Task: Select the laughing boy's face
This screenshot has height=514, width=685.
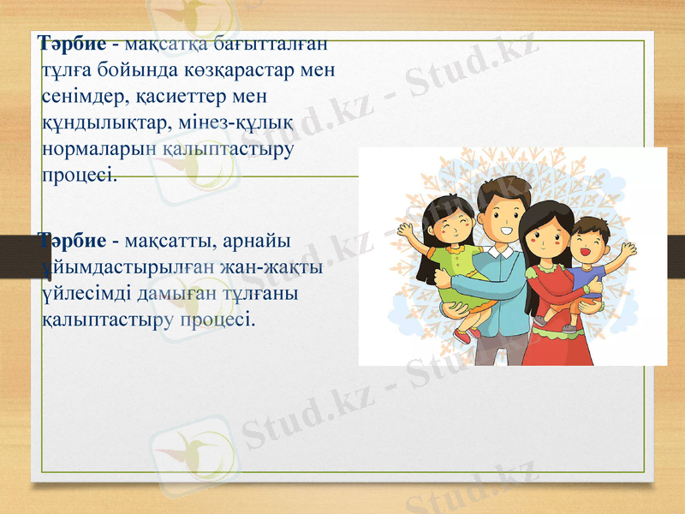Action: coord(589,243)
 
